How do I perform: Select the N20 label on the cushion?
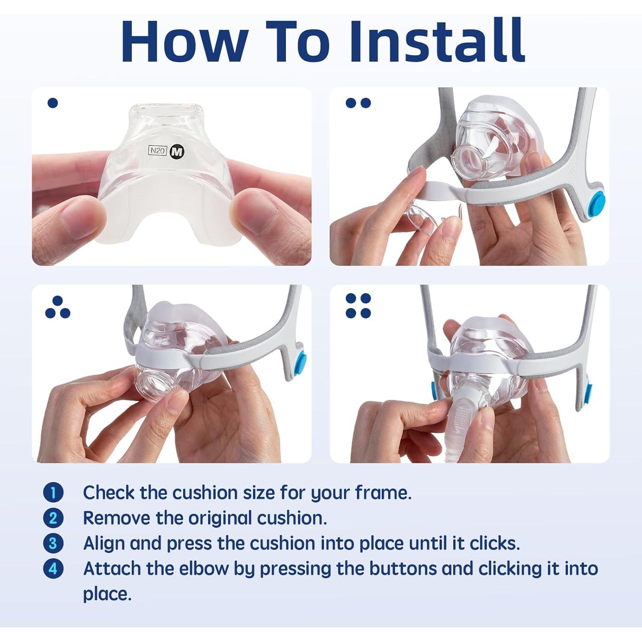click(157, 151)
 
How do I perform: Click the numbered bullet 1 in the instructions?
click(53, 493)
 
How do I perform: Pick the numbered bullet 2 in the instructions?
click(53, 518)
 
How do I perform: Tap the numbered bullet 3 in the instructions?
click(53, 543)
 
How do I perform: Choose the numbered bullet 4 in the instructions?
click(53, 569)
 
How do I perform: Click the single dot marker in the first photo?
click(53, 103)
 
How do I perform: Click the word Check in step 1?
click(108, 493)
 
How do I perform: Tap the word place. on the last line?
click(107, 594)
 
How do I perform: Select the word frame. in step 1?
click(383, 493)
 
